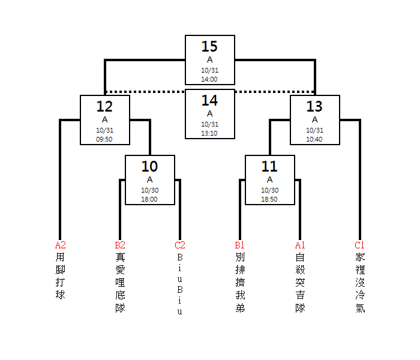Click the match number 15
(x=209, y=47)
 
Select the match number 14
(x=209, y=101)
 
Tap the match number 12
(x=104, y=107)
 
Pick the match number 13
(x=314, y=107)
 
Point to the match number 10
(x=149, y=167)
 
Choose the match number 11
(x=269, y=167)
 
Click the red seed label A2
(x=61, y=245)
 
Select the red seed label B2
(x=120, y=245)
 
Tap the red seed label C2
(x=180, y=245)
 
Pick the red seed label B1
(x=240, y=245)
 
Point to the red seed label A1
(x=300, y=245)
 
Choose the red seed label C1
(x=359, y=245)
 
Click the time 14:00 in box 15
(x=209, y=79)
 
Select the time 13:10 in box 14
(x=209, y=133)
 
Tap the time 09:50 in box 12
(x=104, y=139)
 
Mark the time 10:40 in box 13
(x=314, y=139)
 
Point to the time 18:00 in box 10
(x=149, y=199)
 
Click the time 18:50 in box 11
(x=269, y=199)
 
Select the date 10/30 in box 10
(x=149, y=190)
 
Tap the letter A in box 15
(x=209, y=59)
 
